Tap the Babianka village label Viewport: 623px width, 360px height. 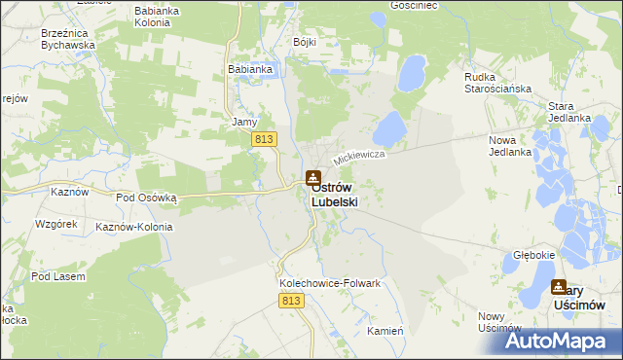pyautogui.click(x=248, y=69)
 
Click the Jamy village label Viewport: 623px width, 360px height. pyautogui.click(x=243, y=123)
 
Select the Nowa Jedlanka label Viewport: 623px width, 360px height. pyautogui.click(x=509, y=146)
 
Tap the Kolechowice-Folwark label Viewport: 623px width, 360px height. pyautogui.click(x=329, y=283)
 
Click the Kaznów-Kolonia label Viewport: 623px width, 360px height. pyautogui.click(x=134, y=227)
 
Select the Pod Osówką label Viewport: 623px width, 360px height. pyautogui.click(x=146, y=197)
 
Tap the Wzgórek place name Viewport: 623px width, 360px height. pyautogui.click(x=55, y=224)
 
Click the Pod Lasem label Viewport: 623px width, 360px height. pyautogui.click(x=57, y=276)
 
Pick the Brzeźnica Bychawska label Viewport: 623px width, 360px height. pyautogui.click(x=68, y=38)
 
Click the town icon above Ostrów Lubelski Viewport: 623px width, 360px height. pyautogui.click(x=312, y=178)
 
